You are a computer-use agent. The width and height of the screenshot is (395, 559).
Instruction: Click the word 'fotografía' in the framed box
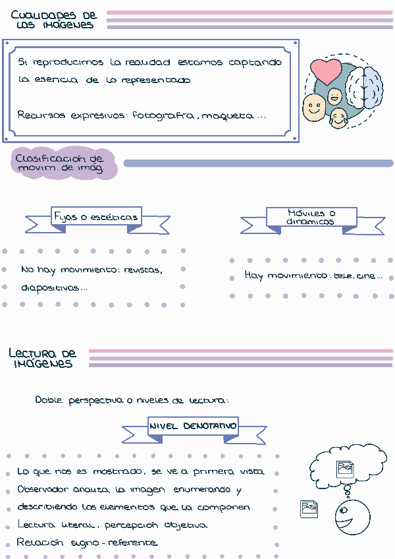[163, 115]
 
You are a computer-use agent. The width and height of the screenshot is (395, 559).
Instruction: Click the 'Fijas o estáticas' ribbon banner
[96, 217]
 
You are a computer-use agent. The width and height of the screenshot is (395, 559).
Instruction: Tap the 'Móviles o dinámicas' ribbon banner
[311, 218]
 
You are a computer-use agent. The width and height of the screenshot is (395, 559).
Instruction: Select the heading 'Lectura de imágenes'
[43, 359]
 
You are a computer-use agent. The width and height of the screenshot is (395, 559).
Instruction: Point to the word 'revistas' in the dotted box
[143, 270]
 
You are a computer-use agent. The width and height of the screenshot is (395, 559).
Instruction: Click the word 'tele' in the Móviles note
[341, 276]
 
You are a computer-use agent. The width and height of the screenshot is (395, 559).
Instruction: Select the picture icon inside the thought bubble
[345, 469]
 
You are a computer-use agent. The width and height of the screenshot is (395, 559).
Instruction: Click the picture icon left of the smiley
[309, 509]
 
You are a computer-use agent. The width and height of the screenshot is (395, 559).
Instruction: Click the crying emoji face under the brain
[339, 119]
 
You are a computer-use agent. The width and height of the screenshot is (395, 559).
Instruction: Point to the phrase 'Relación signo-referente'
[88, 542]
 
